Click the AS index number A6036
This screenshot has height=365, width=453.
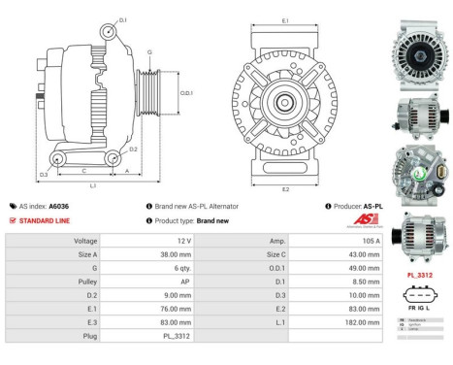[59, 207]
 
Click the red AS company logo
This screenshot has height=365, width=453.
[359, 220]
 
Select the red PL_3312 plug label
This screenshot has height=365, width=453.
[418, 275]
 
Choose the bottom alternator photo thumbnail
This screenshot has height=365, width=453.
[418, 236]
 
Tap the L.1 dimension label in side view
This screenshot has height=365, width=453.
[92, 184]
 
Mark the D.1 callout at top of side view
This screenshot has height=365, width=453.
[122, 18]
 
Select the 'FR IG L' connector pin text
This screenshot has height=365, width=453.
[418, 307]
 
